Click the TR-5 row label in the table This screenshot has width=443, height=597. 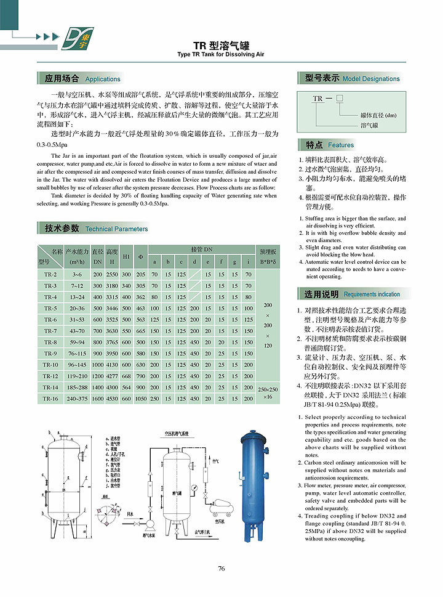pos(50,308)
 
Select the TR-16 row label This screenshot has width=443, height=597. pos(50,399)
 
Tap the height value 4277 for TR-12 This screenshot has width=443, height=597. pos(112,376)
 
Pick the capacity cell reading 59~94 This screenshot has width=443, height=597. pos(78,342)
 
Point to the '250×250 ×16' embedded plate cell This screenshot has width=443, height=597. pos(268,392)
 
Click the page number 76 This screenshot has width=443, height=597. pos(221,568)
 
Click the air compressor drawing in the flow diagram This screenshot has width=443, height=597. pos(220,509)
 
